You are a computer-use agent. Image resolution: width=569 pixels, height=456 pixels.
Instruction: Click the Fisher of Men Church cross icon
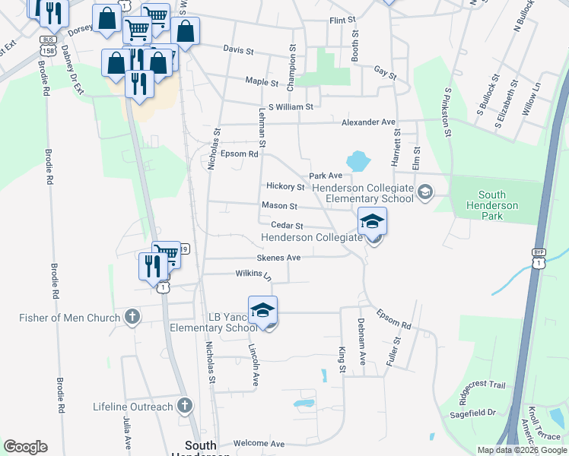(132, 318)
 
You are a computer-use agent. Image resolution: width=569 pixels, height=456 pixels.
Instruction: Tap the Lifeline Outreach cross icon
(184, 407)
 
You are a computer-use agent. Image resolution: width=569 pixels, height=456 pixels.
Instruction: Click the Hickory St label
(285, 186)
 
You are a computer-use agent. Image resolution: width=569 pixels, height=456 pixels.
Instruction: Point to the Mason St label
(279, 205)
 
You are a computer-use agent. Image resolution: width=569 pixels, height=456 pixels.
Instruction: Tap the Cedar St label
(288, 226)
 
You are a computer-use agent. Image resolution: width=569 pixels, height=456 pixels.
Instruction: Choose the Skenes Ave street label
(278, 258)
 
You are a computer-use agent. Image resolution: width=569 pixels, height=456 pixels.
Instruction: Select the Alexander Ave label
(368, 122)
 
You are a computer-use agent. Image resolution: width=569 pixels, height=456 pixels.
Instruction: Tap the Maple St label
(260, 81)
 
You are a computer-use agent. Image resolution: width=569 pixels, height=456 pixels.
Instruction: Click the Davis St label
(238, 49)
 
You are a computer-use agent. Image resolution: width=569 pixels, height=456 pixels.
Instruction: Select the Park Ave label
(325, 176)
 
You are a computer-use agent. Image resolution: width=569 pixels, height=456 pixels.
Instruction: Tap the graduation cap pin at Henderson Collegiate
(372, 222)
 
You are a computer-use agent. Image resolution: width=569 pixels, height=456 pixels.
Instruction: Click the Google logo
(25, 447)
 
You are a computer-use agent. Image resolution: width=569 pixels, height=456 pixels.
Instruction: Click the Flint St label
(342, 21)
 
